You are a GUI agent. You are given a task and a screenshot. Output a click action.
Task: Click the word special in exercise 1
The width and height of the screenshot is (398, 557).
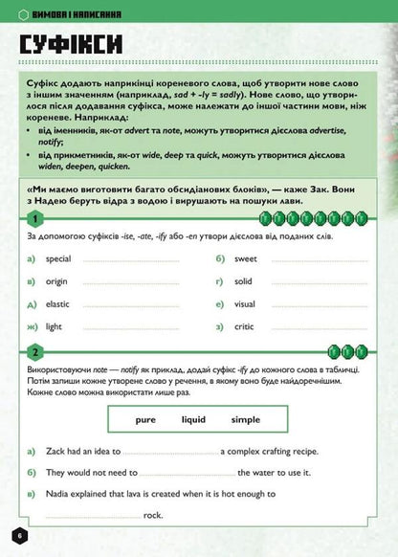tap(58, 258)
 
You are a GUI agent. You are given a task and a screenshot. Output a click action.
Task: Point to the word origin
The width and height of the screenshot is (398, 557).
tap(57, 281)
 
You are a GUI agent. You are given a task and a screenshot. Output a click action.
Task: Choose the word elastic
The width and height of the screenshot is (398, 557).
tap(58, 304)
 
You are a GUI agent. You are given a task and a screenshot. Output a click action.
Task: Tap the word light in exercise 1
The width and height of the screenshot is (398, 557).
tap(55, 327)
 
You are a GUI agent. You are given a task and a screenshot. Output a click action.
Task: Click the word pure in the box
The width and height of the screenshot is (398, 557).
tap(145, 419)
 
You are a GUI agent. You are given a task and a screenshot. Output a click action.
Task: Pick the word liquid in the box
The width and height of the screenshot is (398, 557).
tap(193, 419)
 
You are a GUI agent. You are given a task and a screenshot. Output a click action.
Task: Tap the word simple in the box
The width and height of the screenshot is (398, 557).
tap(246, 419)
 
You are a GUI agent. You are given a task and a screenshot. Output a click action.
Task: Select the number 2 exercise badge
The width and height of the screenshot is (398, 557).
tap(33, 350)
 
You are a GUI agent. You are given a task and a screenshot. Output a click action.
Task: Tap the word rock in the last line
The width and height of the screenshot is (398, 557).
tap(154, 515)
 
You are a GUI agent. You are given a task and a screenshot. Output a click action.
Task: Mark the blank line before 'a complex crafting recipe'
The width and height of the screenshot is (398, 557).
tap(170, 452)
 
